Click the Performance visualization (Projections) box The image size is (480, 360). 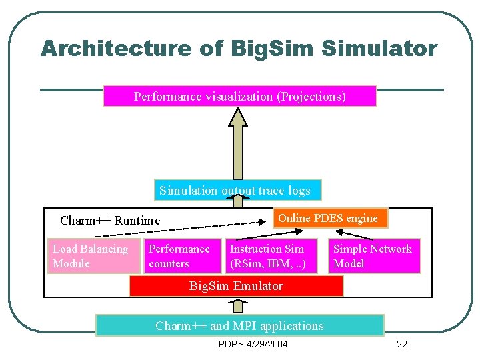point(240,96)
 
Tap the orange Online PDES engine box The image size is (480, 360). point(330,219)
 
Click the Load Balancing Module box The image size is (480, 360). point(94,256)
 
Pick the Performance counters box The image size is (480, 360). point(183,256)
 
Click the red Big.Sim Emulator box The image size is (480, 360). point(236,286)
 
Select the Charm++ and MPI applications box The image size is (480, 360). point(239,325)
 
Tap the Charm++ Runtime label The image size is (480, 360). point(110,221)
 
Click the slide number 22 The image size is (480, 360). point(401,345)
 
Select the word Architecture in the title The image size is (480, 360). point(115,49)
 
